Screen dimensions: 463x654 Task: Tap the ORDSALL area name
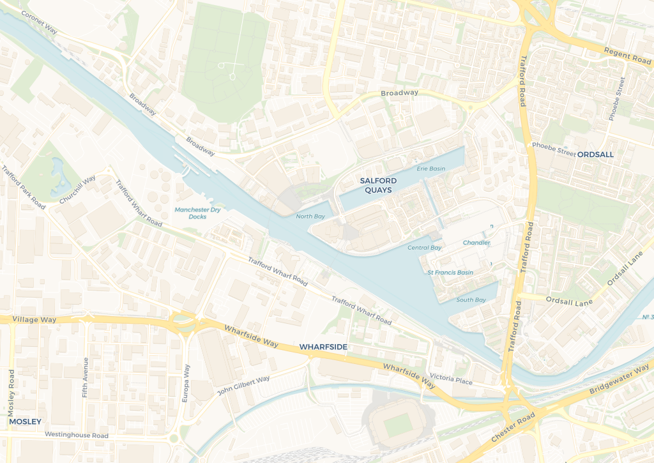(x=595, y=154)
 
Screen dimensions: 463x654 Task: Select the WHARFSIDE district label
(x=323, y=346)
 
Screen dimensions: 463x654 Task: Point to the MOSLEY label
(x=25, y=421)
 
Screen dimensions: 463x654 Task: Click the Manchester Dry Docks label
(x=197, y=213)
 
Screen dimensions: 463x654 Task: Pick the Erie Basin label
(x=430, y=169)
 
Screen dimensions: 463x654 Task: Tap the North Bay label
(x=310, y=216)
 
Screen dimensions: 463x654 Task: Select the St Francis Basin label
(x=450, y=273)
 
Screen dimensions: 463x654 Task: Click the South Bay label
(x=471, y=300)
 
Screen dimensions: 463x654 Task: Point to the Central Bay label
(x=424, y=248)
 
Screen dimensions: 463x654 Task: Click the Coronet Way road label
(x=44, y=21)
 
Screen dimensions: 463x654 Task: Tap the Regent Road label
(x=627, y=54)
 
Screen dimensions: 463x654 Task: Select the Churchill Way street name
(x=77, y=190)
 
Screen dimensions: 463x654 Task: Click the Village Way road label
(x=34, y=319)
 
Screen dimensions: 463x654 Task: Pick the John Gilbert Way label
(x=243, y=385)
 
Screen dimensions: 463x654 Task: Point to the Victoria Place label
(x=451, y=380)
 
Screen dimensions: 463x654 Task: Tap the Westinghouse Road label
(x=76, y=435)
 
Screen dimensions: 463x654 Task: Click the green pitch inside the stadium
(x=397, y=424)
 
